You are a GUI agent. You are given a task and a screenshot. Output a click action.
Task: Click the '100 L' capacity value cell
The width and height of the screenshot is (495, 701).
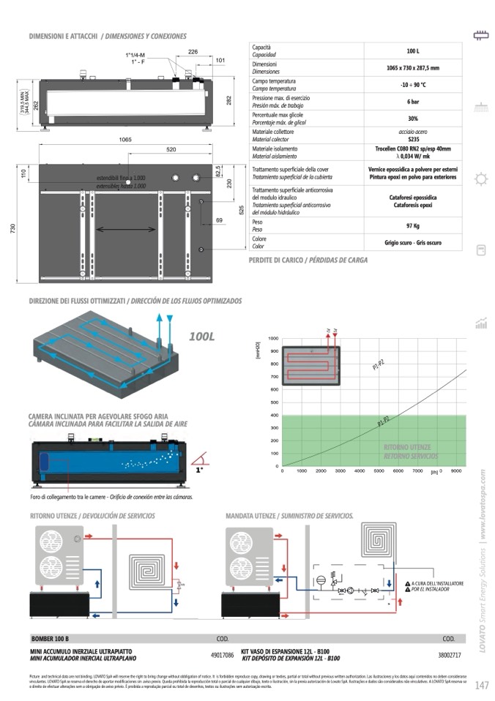pyautogui.click(x=413, y=51)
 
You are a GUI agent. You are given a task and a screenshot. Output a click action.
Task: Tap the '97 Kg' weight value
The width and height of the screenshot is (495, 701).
pyautogui.click(x=413, y=225)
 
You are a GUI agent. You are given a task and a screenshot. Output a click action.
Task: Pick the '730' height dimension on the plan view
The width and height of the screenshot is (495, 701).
pyautogui.click(x=13, y=228)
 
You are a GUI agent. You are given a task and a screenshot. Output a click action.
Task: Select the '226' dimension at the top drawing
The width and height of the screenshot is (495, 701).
pyautogui.click(x=193, y=52)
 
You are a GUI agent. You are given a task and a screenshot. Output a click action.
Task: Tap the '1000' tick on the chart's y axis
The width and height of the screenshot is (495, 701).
pyautogui.click(x=274, y=339)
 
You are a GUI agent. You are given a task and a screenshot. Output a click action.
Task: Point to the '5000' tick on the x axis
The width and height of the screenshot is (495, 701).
pyautogui.click(x=379, y=471)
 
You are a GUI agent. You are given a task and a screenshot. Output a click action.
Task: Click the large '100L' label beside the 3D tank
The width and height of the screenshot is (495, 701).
pyautogui.click(x=201, y=337)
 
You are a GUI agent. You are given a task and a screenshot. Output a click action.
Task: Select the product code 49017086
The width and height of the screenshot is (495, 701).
pyautogui.click(x=222, y=655)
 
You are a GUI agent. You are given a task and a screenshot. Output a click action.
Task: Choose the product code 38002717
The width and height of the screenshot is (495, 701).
pyautogui.click(x=449, y=655)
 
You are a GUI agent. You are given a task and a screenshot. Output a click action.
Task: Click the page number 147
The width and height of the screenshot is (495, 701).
pyautogui.click(x=481, y=686)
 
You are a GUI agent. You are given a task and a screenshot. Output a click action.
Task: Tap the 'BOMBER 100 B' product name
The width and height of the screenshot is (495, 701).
pyautogui.click(x=50, y=639)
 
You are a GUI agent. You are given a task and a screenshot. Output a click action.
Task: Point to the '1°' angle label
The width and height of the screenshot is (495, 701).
pyautogui.click(x=199, y=471)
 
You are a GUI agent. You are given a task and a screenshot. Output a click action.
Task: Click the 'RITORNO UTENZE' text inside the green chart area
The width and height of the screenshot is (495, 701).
pyautogui.click(x=407, y=447)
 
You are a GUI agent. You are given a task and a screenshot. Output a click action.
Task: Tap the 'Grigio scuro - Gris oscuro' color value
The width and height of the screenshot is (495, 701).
pyautogui.click(x=413, y=243)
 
